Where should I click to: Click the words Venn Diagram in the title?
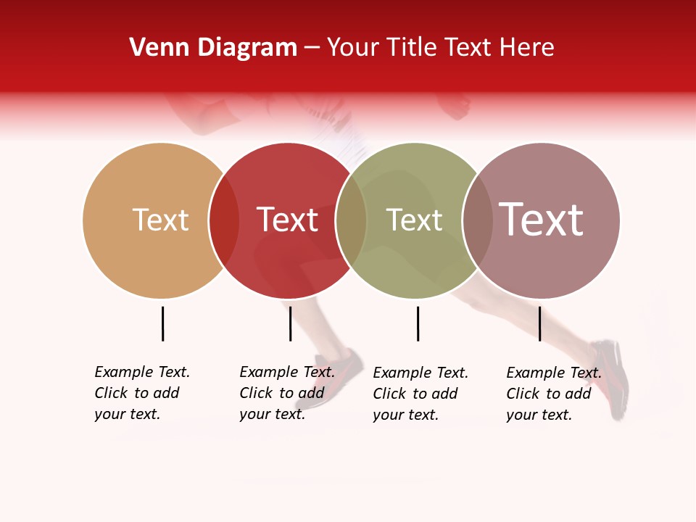click(213, 48)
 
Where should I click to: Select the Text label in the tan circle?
click(160, 220)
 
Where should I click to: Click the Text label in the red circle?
click(288, 220)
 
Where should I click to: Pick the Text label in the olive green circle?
click(414, 220)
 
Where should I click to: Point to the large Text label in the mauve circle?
click(541, 219)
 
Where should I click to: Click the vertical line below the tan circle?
click(162, 323)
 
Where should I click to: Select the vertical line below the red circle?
click(290, 323)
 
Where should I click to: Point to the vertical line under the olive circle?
click(418, 323)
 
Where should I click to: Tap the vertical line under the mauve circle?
click(539, 323)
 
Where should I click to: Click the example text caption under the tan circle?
click(141, 393)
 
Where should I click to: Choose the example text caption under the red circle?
click(286, 393)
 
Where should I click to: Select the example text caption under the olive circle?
click(420, 394)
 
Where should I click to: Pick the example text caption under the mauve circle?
click(553, 394)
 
